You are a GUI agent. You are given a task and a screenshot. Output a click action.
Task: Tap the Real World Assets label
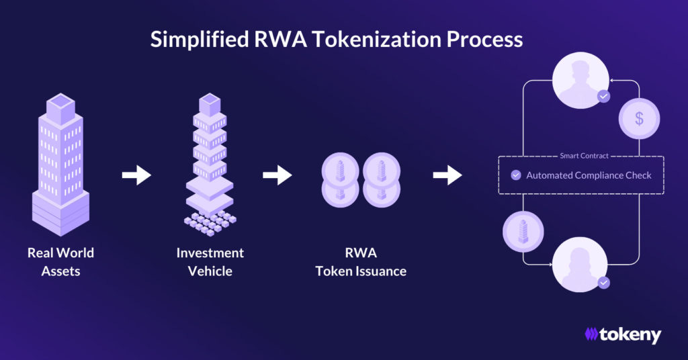coord(60,262)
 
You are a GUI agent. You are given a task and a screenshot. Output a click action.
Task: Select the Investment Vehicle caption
coord(210,262)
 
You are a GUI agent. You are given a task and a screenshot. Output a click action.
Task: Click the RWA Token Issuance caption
coord(361,262)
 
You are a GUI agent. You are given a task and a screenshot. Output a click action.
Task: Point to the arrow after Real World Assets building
coord(136,176)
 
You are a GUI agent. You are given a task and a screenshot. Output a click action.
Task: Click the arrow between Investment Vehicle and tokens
coord(277,176)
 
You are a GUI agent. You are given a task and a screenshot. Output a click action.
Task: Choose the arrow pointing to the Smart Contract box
coord(447,176)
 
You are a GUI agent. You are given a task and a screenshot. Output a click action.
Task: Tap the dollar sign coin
coord(639,119)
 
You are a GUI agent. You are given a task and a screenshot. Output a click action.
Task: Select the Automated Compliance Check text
coord(589,175)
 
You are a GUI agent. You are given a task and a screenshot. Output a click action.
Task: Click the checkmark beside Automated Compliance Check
coord(516,175)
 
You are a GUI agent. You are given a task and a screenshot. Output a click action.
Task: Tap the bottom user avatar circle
coord(580,267)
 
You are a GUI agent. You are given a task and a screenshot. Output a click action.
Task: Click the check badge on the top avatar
coord(604,97)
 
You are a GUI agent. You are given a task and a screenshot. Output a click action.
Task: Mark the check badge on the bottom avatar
coord(604,283)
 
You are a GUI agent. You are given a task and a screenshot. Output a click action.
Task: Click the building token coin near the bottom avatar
coord(523,232)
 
